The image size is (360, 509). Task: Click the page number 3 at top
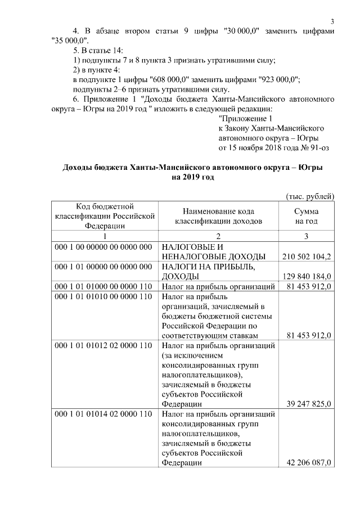(332, 21)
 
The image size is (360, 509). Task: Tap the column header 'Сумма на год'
(306, 217)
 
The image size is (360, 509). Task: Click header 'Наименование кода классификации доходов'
(218, 217)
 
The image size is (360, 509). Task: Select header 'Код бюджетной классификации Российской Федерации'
(103, 217)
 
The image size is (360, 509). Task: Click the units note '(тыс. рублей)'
(310, 196)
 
